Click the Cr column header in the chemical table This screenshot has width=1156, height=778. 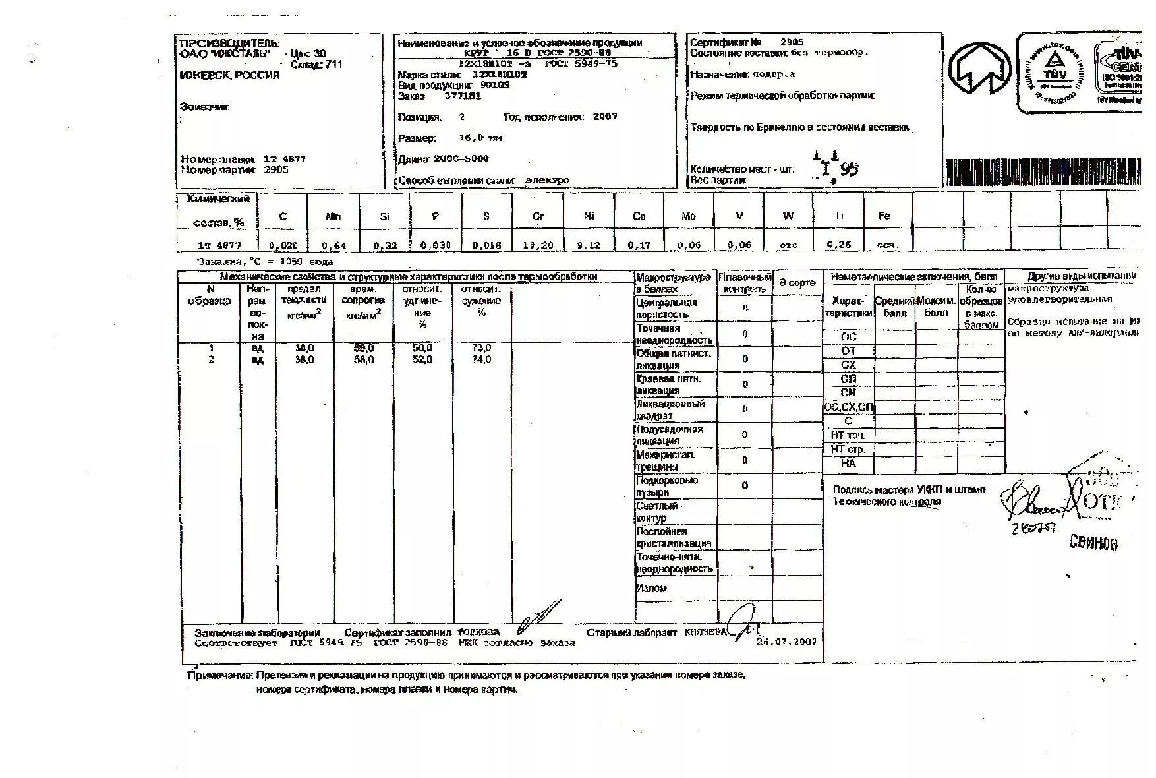[x=538, y=216]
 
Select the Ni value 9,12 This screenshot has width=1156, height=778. [x=589, y=245]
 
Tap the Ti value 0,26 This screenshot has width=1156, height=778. [x=839, y=245]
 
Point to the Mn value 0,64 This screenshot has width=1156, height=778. [x=334, y=246]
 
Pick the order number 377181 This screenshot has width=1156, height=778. [x=463, y=96]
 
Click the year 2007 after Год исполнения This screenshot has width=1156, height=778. [x=605, y=117]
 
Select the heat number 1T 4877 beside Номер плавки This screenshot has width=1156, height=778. [x=284, y=159]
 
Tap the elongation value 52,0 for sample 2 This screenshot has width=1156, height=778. [x=422, y=360]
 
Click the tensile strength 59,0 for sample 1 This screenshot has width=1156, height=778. [x=364, y=348]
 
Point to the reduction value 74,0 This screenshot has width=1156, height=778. [x=481, y=360]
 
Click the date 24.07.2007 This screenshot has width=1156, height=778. [x=786, y=641]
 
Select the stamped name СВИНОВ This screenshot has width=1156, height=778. [x=1093, y=543]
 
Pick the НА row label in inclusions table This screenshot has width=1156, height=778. [x=848, y=464]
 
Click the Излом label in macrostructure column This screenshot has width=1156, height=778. [x=652, y=589]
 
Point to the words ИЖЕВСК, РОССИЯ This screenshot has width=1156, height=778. [x=229, y=75]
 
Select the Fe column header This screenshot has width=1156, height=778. [x=884, y=216]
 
